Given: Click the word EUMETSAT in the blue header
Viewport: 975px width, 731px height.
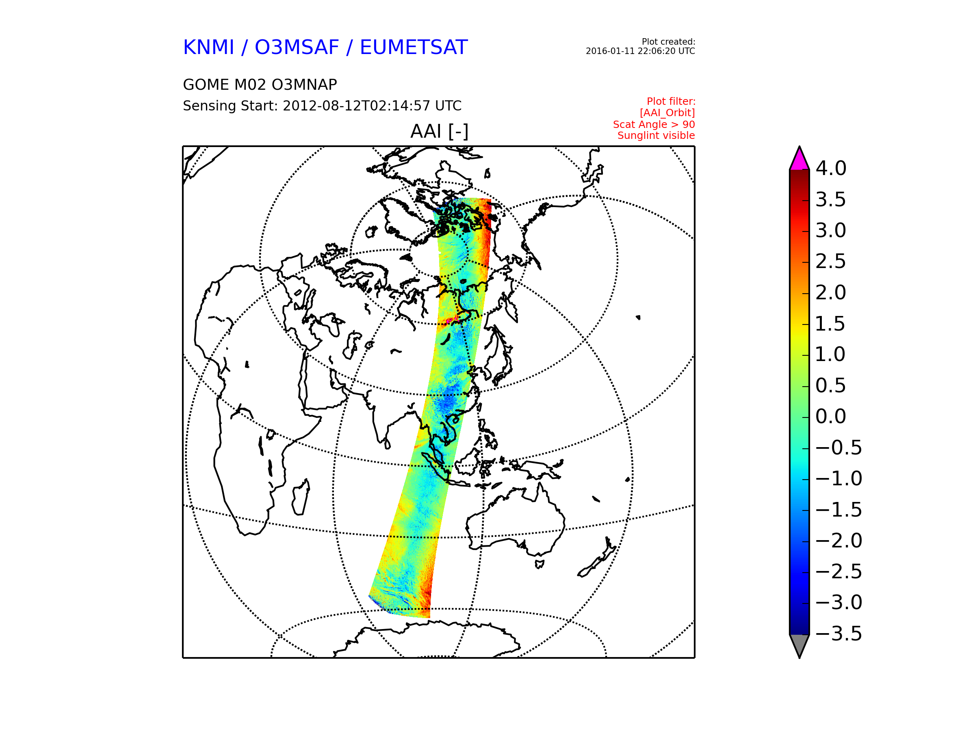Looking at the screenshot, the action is tap(414, 48).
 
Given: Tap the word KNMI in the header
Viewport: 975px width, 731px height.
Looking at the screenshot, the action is tap(208, 48).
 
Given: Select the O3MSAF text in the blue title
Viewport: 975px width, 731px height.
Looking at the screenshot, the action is tap(297, 48).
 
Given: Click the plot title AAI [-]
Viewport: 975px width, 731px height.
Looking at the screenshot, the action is tap(439, 131).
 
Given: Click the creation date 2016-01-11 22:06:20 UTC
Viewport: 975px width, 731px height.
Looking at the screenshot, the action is tap(640, 51).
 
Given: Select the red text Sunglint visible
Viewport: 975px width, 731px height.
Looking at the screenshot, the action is tap(656, 136).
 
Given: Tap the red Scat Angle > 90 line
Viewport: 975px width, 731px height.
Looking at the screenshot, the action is tap(654, 125).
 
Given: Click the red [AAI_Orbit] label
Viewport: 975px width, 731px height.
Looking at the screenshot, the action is tap(667, 113).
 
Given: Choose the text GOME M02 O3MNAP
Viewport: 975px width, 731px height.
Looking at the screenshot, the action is tap(260, 84).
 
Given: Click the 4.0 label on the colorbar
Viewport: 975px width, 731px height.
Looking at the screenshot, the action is tap(831, 168).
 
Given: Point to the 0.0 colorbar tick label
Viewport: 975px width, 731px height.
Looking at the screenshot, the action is tap(831, 416).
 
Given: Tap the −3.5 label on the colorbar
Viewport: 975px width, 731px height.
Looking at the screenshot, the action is tap(838, 634).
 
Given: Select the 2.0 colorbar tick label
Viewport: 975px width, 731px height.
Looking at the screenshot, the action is tap(831, 292).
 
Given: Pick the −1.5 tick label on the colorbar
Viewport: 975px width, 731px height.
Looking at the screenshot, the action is tap(838, 510).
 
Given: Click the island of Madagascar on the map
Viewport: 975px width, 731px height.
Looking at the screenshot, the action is tap(301, 497).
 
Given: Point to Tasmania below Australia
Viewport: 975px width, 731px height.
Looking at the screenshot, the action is tap(539, 564).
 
